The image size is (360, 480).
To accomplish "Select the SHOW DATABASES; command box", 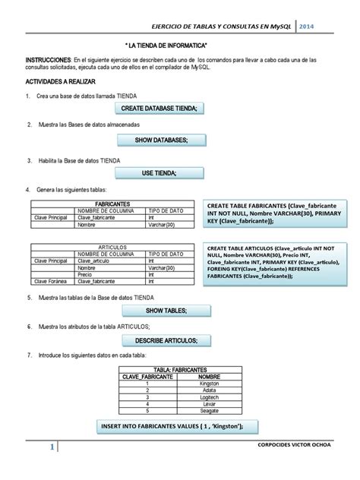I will (161, 141).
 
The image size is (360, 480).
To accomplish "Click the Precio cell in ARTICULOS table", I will (86, 273).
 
